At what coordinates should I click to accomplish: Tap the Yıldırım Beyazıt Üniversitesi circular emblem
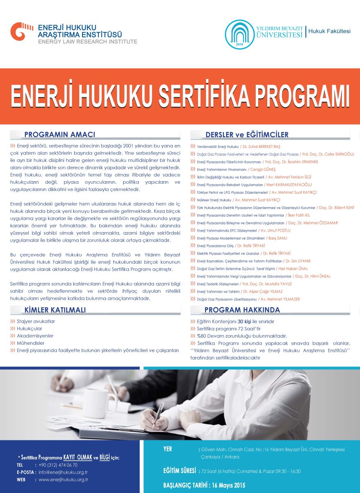(x=240, y=34)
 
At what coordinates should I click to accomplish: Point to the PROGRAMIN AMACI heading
(x=60, y=135)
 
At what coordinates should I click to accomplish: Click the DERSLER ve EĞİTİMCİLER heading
(x=247, y=135)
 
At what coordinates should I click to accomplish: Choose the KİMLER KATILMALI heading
(x=55, y=310)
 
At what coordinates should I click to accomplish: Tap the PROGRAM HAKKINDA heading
(x=242, y=310)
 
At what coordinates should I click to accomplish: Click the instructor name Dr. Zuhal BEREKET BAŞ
(x=261, y=147)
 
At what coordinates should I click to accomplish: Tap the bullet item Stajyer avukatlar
(x=36, y=321)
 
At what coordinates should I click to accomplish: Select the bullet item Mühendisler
(x=31, y=343)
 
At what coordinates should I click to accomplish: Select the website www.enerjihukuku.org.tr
(x=64, y=479)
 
